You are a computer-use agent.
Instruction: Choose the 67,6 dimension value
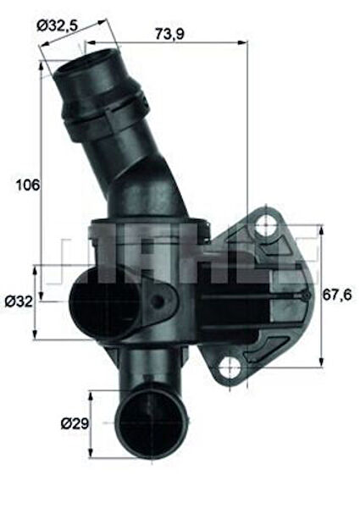coord(336,295)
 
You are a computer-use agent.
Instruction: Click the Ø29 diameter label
coord(74,422)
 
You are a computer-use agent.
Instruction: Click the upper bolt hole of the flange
coord(266,226)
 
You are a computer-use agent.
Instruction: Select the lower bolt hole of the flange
coord(228,367)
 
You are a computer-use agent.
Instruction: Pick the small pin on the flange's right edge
coord(304,296)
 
